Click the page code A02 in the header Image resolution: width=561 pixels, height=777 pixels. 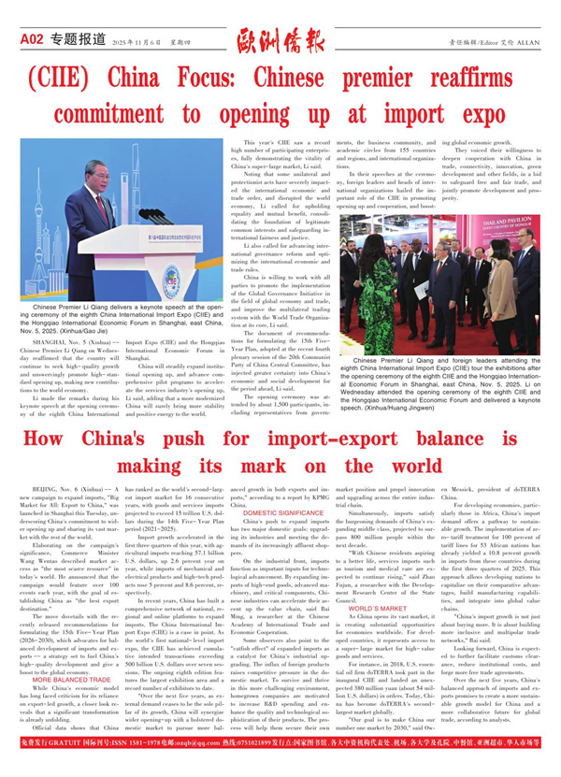tap(31, 39)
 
